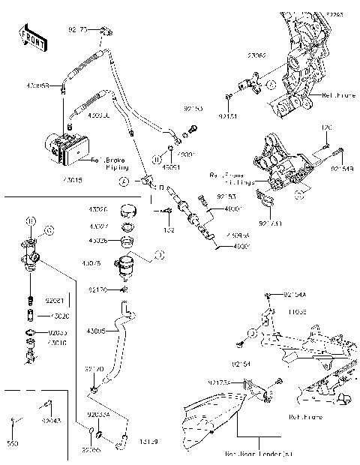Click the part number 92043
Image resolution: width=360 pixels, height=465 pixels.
51,422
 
